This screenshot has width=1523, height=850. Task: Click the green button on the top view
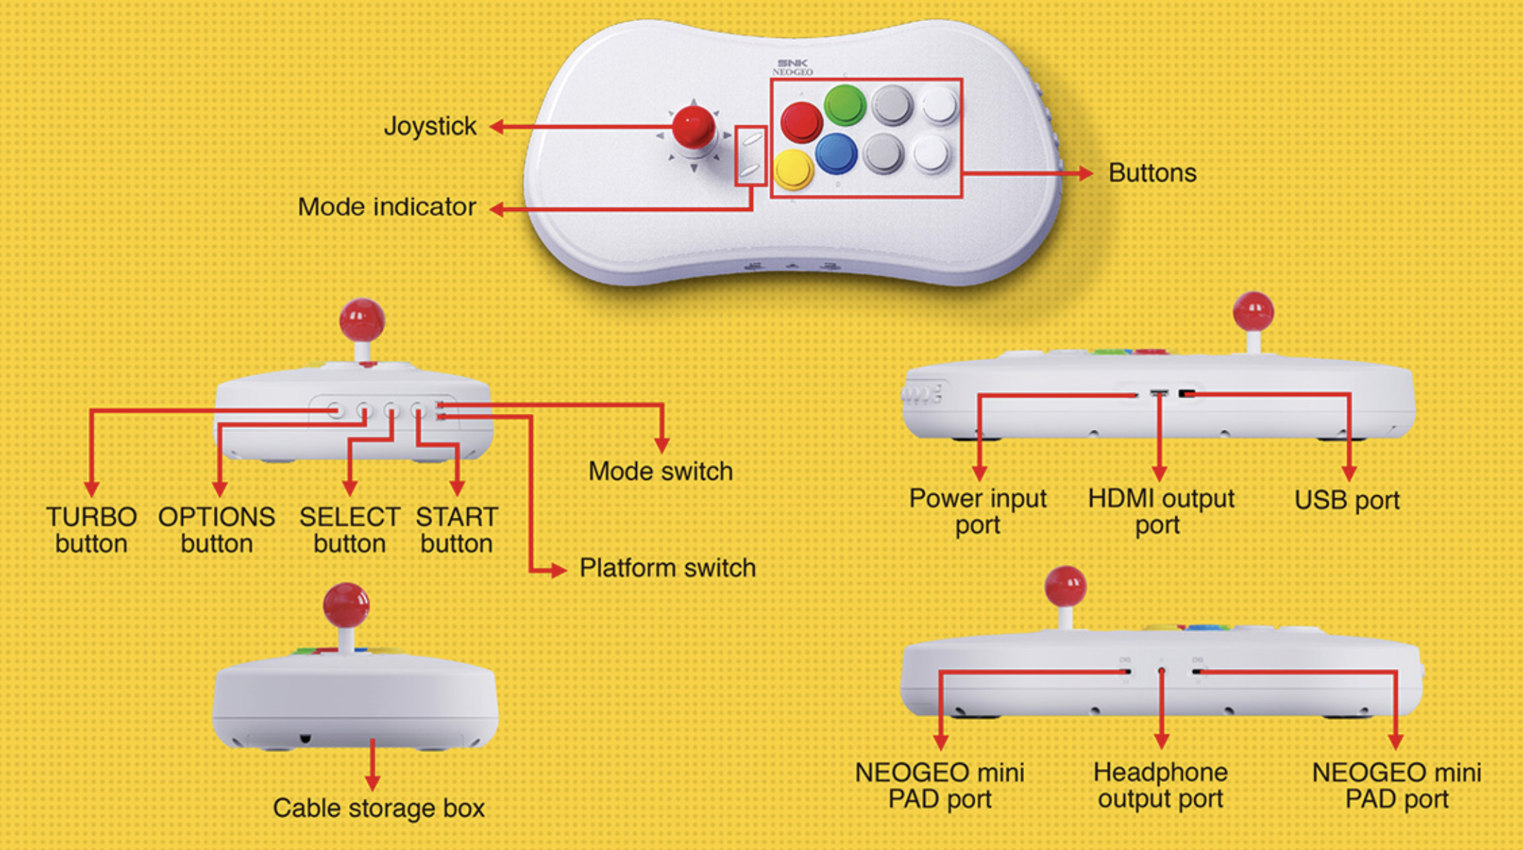845,104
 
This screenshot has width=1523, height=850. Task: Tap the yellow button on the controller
793,170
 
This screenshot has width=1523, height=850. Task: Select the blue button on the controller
836,153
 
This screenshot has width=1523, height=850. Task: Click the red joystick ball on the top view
693,127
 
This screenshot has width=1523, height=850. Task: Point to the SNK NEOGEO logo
792,68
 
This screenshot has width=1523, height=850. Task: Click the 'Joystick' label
430,127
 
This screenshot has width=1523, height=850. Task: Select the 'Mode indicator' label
386,207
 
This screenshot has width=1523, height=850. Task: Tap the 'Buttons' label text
1152,173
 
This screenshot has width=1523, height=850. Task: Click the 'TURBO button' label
91,530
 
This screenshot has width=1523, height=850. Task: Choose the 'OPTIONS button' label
217,530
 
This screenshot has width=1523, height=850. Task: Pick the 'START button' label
457,530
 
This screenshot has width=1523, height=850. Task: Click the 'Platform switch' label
667,568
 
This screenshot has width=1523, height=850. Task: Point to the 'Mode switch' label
660,471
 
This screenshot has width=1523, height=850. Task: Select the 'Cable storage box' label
379,808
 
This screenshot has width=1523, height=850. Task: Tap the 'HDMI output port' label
1161,512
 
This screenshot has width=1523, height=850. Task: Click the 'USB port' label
1346,500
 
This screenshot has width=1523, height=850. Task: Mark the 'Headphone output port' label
1161,785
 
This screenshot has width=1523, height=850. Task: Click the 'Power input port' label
978,512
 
